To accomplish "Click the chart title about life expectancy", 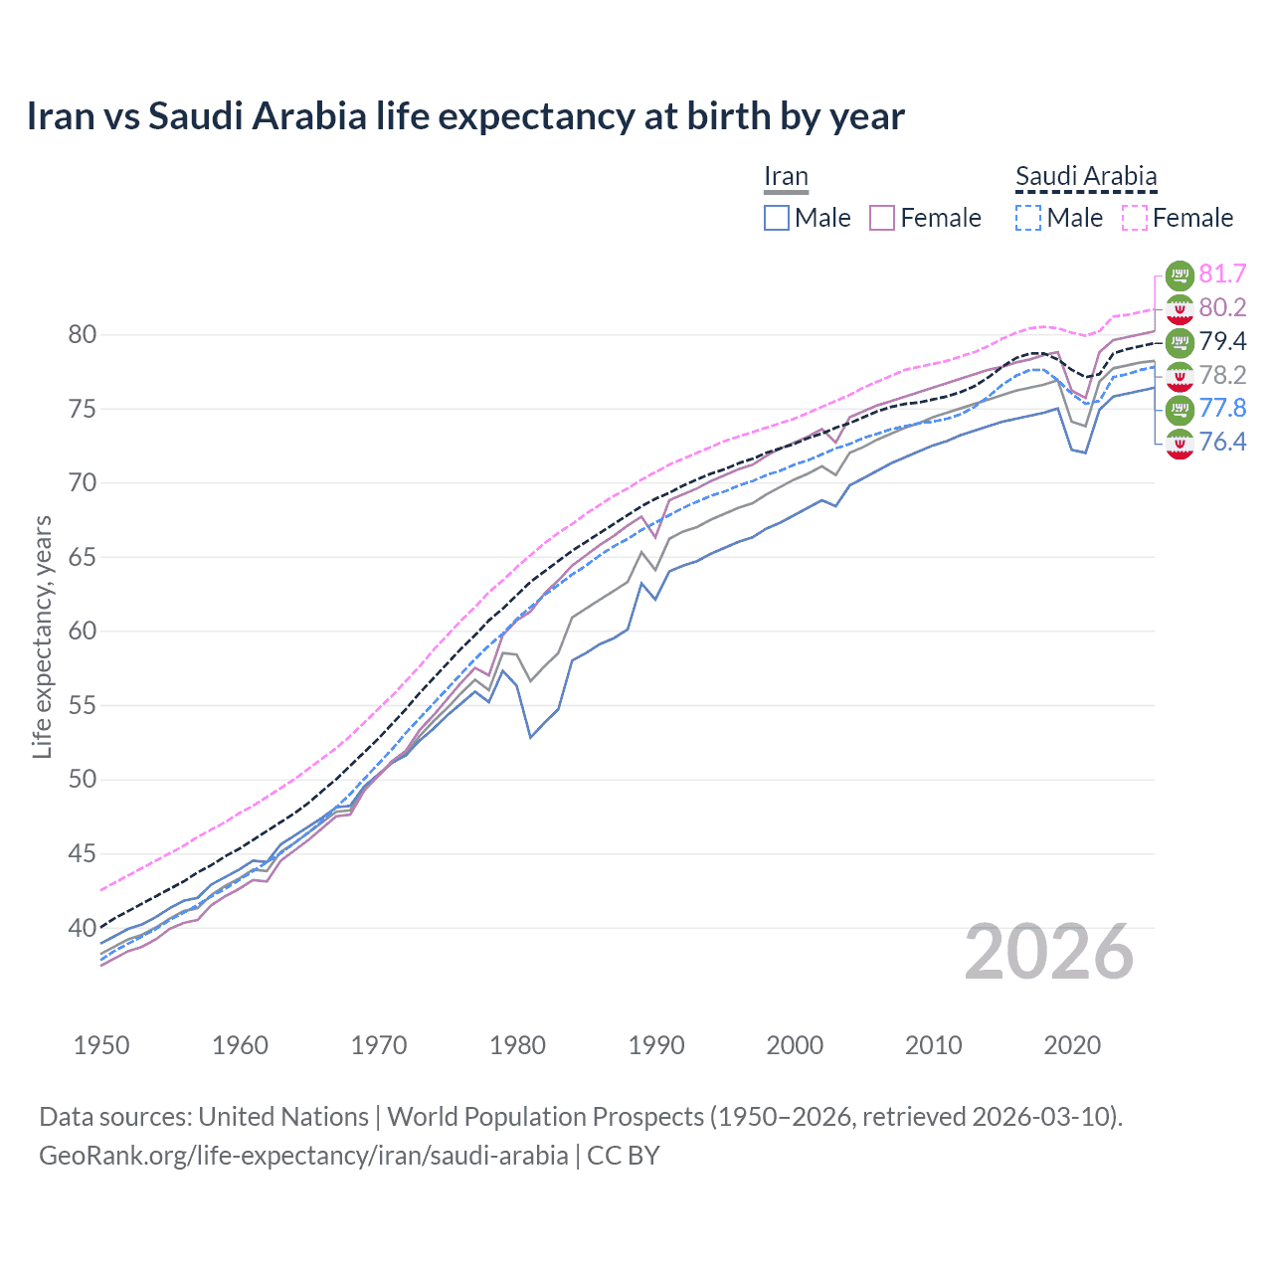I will (x=465, y=116).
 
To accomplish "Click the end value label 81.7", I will (x=1222, y=273).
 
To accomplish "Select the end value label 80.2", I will (x=1222, y=307).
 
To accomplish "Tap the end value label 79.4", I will (x=1222, y=341).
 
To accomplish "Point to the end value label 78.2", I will (x=1222, y=375).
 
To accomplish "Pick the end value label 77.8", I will (x=1222, y=408).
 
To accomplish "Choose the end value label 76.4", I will (x=1222, y=442).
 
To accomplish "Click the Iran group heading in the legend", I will (x=786, y=177).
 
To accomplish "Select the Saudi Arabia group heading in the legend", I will (x=1086, y=177).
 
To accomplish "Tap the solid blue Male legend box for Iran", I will (x=777, y=218).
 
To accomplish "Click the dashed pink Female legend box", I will (x=1134, y=218).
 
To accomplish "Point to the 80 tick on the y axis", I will (x=83, y=334).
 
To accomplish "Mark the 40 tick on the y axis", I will (x=83, y=928).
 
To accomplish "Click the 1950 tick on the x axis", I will (x=101, y=1045).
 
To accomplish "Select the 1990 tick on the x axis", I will (x=656, y=1045).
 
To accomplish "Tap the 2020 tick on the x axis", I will (x=1072, y=1045).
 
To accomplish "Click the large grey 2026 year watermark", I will (x=1049, y=953).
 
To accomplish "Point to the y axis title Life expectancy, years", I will (x=42, y=636).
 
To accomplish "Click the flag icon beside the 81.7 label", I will (x=1180, y=274).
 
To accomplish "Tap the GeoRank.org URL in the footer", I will (x=303, y=1156).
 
